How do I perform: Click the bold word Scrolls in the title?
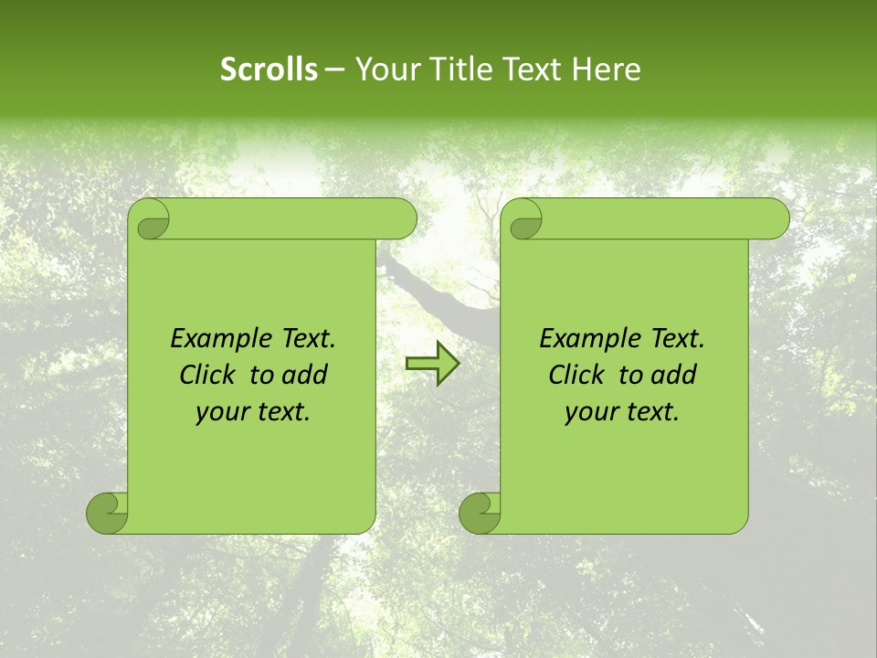(269, 69)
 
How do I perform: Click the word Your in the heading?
(383, 69)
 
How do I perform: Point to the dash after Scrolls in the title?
(334, 69)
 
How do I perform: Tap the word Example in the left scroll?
(217, 339)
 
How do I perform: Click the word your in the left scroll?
(219, 413)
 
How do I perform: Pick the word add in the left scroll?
(305, 375)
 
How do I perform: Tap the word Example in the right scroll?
(586, 339)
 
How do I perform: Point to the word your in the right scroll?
(588, 413)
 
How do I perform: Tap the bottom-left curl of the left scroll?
(107, 513)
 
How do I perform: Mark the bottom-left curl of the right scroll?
(480, 513)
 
